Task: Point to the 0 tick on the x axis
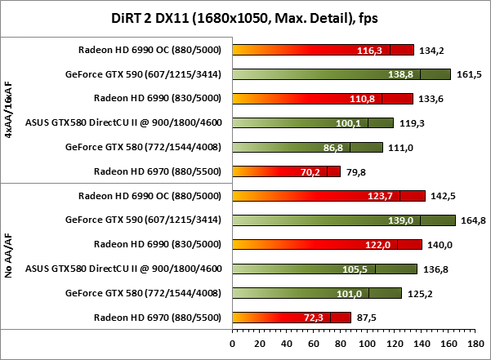(x=233, y=344)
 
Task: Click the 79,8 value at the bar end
(x=356, y=171)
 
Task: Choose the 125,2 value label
(x=418, y=293)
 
